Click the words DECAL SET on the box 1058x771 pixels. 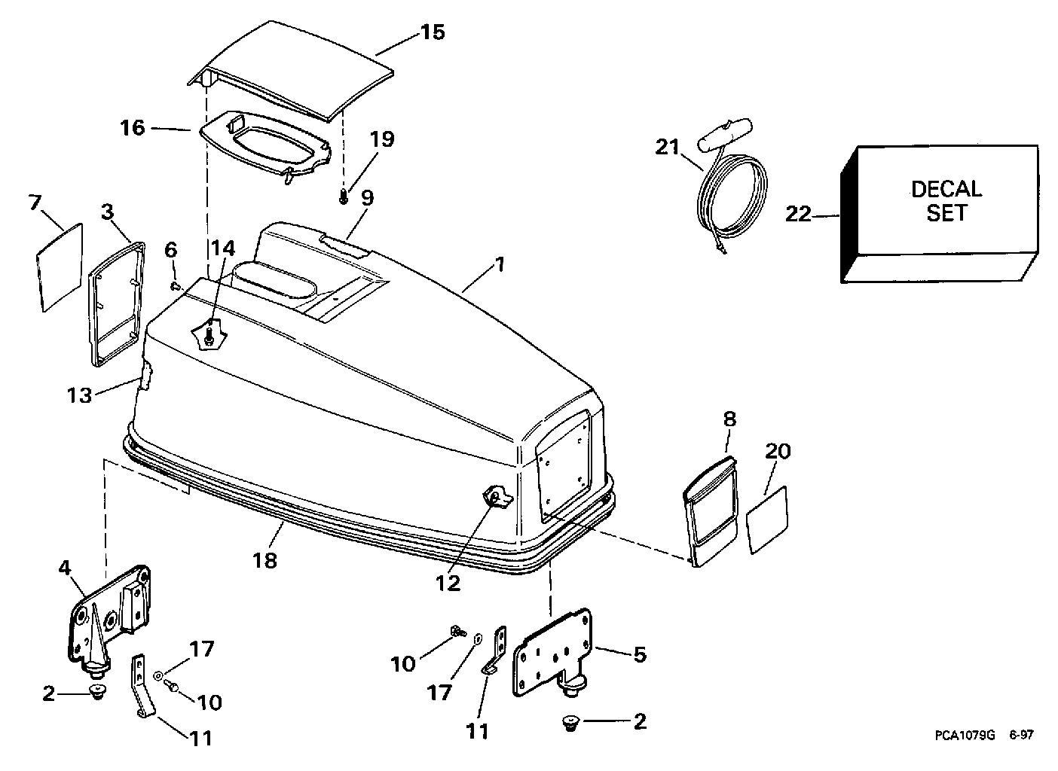point(946,200)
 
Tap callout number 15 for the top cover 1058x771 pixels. point(433,32)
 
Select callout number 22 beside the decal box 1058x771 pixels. point(798,215)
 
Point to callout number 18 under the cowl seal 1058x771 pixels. point(264,560)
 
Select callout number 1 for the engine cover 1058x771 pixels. point(500,265)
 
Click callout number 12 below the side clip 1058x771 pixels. point(448,583)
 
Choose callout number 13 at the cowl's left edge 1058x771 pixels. point(79,394)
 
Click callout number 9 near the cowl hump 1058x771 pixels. point(366,198)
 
